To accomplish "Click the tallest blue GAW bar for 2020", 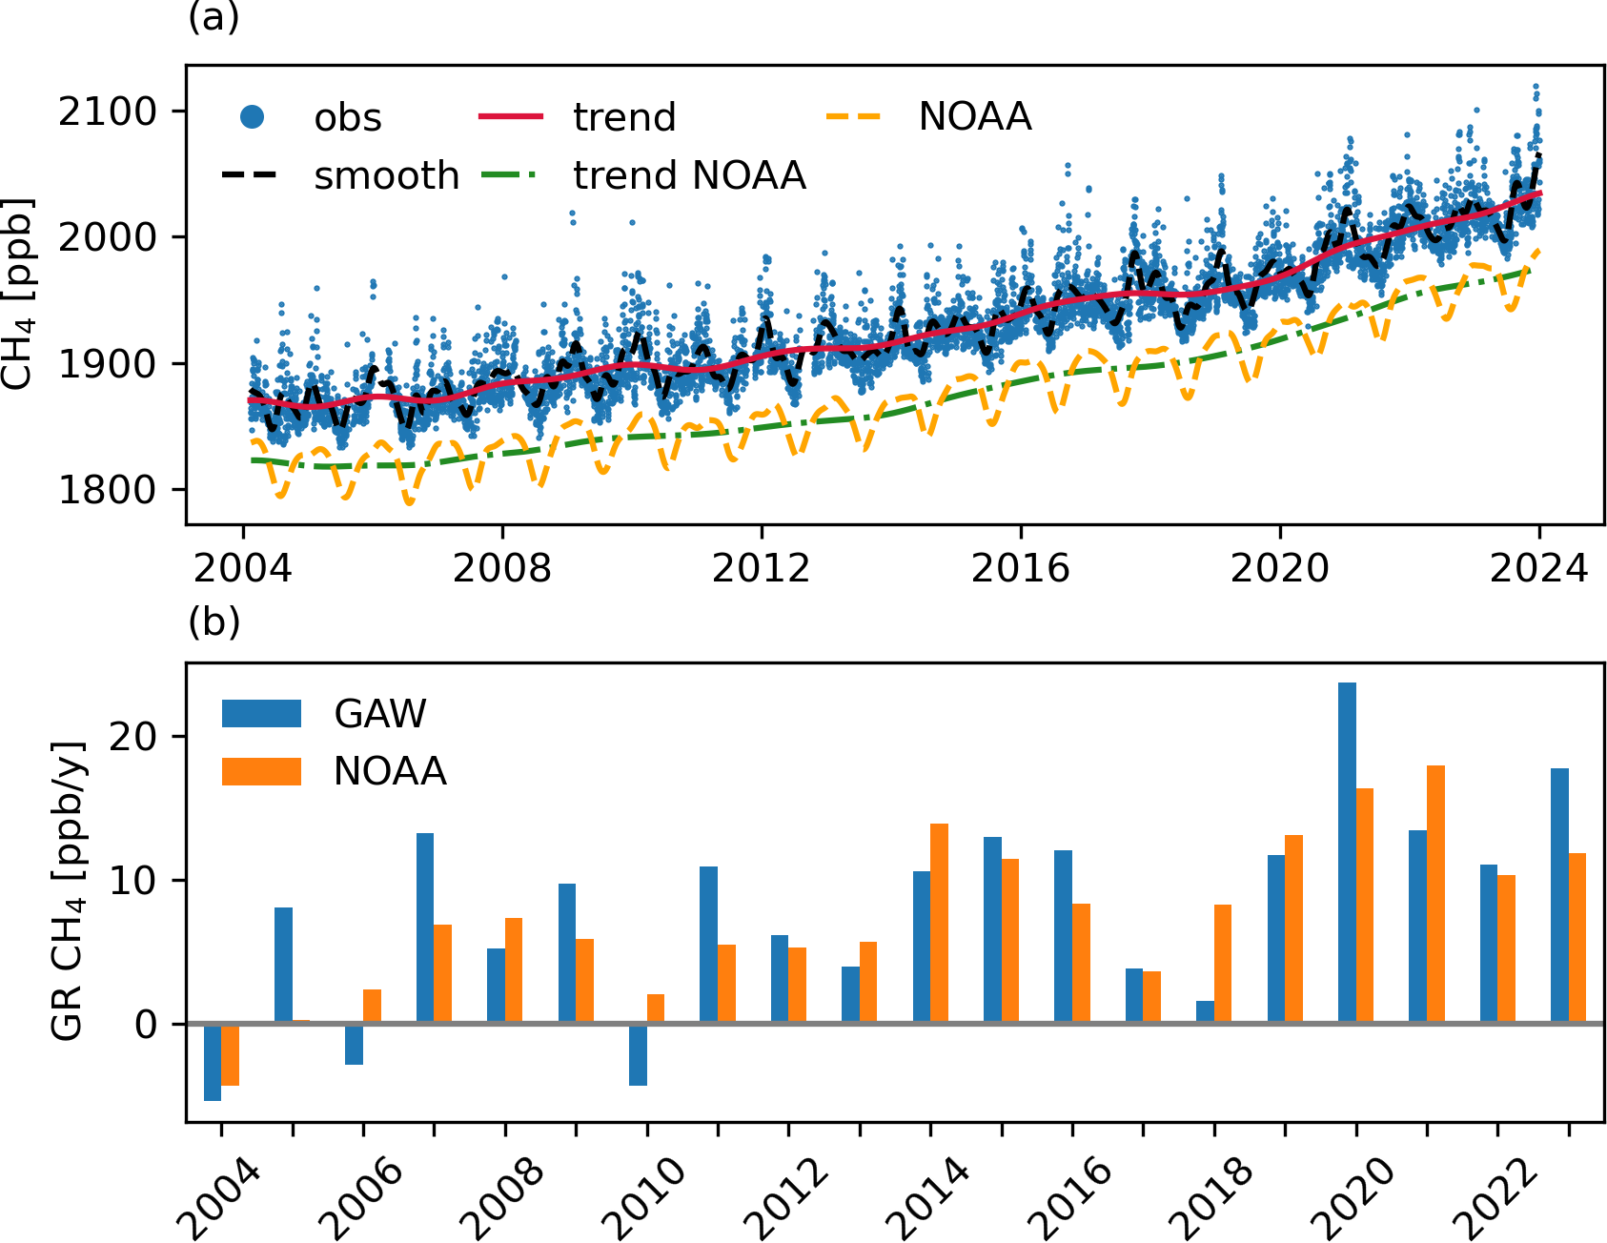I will pos(1347,853).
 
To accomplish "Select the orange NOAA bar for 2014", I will pos(939,924).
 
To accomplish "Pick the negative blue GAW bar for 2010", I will pos(638,1054).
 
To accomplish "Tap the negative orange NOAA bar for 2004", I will pos(230,1054).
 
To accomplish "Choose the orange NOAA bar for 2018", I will pos(1223,964).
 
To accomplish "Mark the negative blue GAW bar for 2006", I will pos(354,1044).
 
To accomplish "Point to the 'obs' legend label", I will pos(348,118).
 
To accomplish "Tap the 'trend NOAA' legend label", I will pos(689,176).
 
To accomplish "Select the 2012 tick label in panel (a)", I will pos(761,569).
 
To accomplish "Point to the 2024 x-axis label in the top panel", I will pos(1538,569).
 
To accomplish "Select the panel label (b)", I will pos(214,621).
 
